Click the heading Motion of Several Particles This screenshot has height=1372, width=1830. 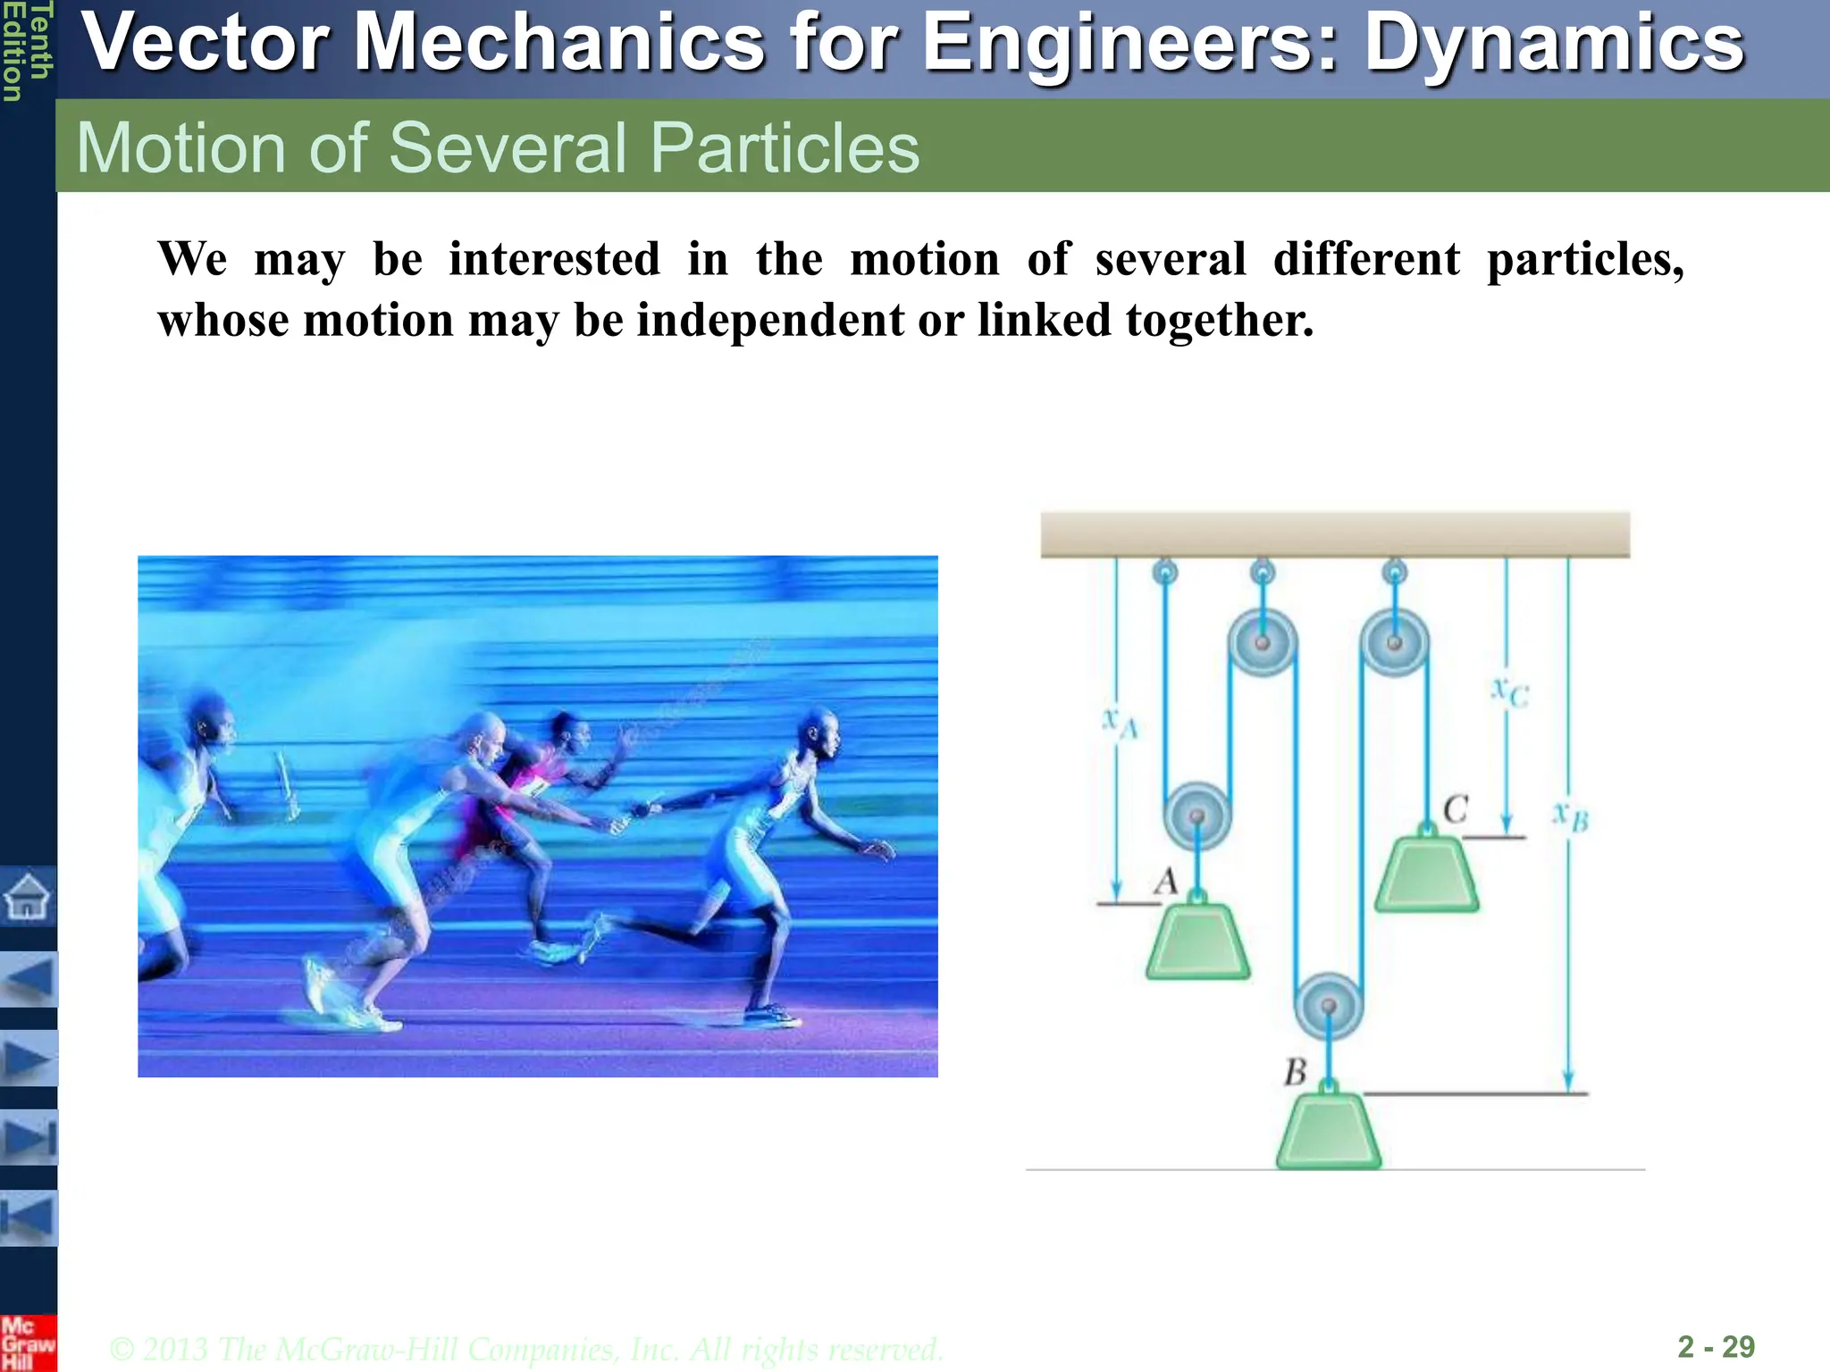(x=498, y=147)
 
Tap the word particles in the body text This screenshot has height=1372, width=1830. (x=1584, y=260)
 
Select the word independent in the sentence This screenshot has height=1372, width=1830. (x=770, y=320)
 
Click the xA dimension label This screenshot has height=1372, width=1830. (x=1120, y=721)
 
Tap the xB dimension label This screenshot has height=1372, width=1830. (x=1570, y=816)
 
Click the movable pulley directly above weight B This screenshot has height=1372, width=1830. (x=1329, y=1006)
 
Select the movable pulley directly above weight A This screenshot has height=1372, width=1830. (x=1196, y=816)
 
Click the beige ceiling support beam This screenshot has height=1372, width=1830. (x=1335, y=534)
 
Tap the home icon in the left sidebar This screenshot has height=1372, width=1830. (x=28, y=896)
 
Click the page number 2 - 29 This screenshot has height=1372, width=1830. (x=1716, y=1346)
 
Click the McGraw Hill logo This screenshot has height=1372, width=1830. (x=28, y=1343)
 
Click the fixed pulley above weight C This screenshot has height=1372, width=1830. (x=1394, y=642)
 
